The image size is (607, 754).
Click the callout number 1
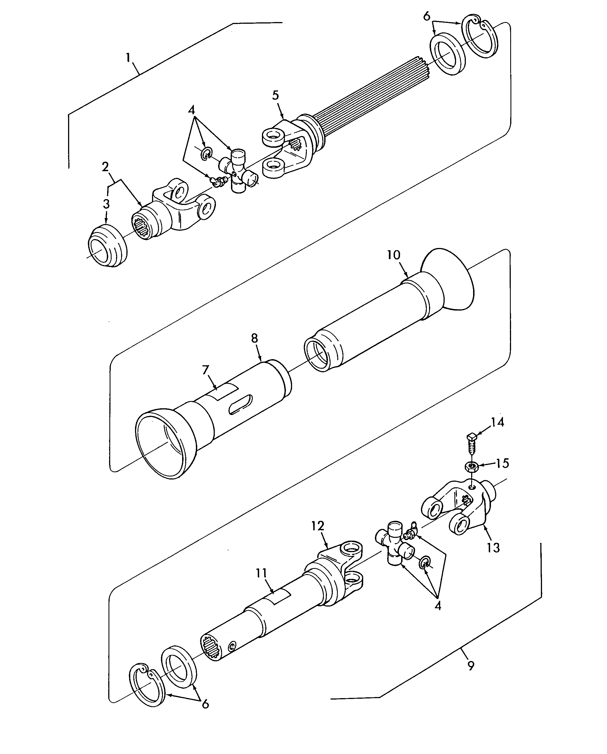click(128, 58)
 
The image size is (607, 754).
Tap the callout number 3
click(106, 204)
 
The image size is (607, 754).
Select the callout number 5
click(276, 95)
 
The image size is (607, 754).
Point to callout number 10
click(394, 255)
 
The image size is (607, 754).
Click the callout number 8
click(255, 338)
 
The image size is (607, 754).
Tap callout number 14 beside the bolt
click(498, 423)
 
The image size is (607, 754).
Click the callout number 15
click(502, 464)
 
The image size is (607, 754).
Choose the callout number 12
click(318, 526)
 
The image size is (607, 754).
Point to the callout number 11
click(261, 573)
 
